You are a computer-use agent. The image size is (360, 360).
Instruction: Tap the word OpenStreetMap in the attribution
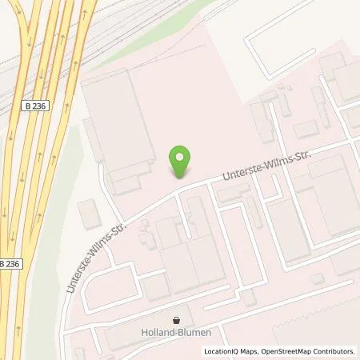pos(290,351)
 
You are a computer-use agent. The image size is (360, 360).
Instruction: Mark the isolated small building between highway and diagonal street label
pos(90,214)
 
